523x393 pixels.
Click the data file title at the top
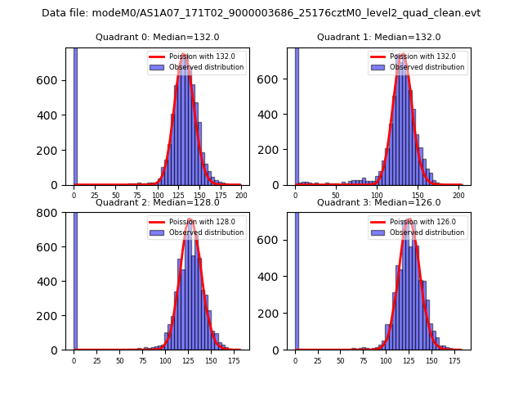point(261,13)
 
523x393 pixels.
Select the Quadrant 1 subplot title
point(379,37)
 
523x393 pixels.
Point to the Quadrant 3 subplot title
point(379,202)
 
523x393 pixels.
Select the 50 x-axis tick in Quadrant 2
point(119,360)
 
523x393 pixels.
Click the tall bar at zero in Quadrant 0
point(74,115)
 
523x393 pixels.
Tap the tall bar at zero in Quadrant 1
point(296,115)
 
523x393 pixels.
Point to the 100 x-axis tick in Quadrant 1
point(377,195)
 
